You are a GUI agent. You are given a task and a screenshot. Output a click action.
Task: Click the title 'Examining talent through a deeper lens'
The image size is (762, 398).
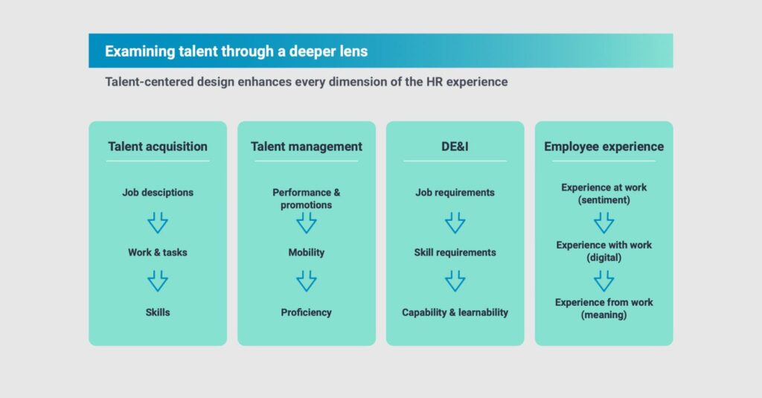236,51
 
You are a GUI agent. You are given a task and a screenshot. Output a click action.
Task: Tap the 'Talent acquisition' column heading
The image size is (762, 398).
158,147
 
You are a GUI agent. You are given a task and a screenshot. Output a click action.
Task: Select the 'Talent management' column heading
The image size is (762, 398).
307,147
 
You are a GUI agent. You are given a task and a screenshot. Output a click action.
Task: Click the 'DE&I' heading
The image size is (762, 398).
455,147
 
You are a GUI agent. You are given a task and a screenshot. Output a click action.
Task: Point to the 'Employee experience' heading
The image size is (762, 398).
603,147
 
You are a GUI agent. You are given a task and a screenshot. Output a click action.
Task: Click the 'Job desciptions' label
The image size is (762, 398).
158,193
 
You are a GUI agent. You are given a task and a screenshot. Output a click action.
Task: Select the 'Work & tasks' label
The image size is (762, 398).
158,252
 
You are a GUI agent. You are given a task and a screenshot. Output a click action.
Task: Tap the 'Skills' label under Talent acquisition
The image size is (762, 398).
158,312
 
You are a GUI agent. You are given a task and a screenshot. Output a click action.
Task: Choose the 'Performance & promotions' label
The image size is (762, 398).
307,199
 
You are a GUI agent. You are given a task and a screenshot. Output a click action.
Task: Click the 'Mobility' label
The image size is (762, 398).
307,252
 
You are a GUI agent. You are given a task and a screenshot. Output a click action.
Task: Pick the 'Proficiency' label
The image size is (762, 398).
307,312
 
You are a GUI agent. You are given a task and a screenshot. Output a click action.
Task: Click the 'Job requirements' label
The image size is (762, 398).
455,193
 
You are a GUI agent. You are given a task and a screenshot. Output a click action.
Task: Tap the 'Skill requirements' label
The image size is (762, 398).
455,252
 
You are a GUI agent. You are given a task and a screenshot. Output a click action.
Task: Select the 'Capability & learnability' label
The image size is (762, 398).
455,312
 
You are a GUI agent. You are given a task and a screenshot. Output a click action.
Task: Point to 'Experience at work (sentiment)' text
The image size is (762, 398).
603,193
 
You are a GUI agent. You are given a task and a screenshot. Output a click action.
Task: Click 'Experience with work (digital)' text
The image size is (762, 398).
603,251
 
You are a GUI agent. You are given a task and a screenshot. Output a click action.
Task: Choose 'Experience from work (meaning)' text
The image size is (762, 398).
603,309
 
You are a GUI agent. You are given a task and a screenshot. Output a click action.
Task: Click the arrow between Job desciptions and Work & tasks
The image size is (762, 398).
158,222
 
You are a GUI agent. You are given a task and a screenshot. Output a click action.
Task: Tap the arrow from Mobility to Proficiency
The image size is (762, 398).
307,281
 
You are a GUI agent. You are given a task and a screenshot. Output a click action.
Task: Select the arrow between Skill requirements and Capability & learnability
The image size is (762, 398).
455,281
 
